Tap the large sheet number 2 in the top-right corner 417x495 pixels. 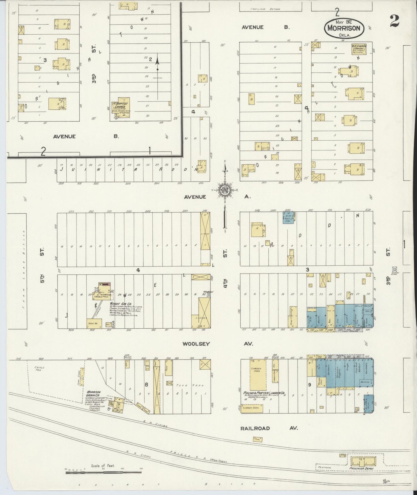pos(394,21)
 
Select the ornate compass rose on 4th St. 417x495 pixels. pos(225,190)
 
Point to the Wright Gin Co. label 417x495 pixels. pos(120,304)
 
